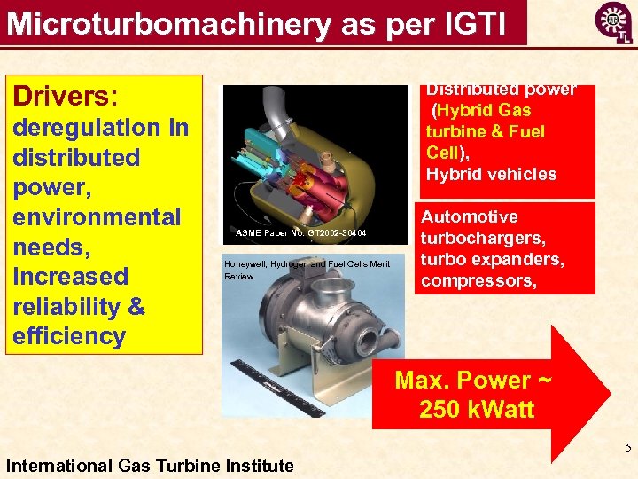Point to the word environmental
pos(97,217)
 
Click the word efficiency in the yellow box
pos(69,336)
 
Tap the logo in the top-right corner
pos(613,21)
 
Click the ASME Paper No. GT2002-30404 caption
pos(301,233)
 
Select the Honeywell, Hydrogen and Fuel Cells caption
pos(307,264)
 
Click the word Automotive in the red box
pos(470,217)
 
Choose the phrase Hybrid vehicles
pos(491,174)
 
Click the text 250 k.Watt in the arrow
pos(476,409)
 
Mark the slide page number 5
pos(627,448)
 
